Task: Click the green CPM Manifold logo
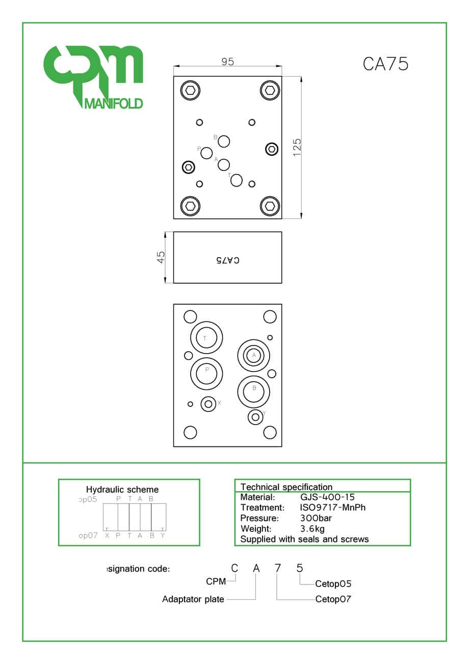pyautogui.click(x=93, y=77)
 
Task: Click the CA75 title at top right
pyautogui.click(x=385, y=64)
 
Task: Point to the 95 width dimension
pyautogui.click(x=227, y=62)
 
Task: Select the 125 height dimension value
pyautogui.click(x=297, y=147)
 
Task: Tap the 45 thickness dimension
pyautogui.click(x=161, y=257)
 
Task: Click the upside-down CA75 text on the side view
pyautogui.click(x=227, y=260)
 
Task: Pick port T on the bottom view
pyautogui.click(x=206, y=338)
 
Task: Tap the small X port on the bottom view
pyautogui.click(x=208, y=404)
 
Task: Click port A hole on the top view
pyautogui.click(x=224, y=165)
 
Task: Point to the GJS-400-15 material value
pyautogui.click(x=327, y=497)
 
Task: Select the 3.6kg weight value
pyautogui.click(x=312, y=529)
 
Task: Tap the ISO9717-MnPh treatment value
pyautogui.click(x=333, y=508)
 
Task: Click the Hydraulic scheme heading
pyautogui.click(x=122, y=489)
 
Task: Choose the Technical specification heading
pyautogui.click(x=286, y=487)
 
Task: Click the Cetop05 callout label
pyautogui.click(x=333, y=584)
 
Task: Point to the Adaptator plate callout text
pyautogui.click(x=193, y=599)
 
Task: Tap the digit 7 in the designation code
pyautogui.click(x=277, y=568)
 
